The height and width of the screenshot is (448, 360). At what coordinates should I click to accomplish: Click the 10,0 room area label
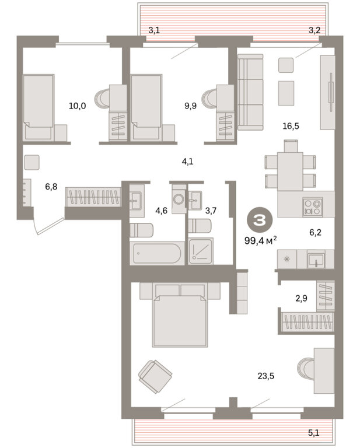click(x=77, y=106)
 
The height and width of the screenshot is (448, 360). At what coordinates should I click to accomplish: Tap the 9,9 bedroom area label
click(x=190, y=106)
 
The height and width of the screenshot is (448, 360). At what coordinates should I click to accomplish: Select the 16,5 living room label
click(x=291, y=126)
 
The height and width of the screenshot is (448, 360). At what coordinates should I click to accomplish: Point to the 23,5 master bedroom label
click(x=265, y=376)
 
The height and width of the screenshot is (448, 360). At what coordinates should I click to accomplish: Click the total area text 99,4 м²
click(x=261, y=240)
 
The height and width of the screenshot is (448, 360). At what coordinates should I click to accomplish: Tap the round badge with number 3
click(x=260, y=220)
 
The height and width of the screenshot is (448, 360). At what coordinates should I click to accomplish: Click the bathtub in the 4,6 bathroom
click(x=157, y=253)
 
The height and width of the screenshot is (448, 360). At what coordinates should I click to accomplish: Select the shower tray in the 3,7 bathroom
click(x=201, y=251)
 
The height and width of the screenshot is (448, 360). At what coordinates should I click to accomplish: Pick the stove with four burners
click(x=313, y=207)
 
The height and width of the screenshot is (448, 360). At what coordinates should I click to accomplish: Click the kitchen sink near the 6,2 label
click(x=316, y=260)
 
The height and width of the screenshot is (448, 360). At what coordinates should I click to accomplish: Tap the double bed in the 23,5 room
click(x=180, y=315)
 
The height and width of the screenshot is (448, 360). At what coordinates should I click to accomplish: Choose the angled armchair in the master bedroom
click(x=155, y=376)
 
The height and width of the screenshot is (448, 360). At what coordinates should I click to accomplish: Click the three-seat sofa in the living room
click(x=250, y=92)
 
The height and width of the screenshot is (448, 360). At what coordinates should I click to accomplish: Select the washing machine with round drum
click(x=180, y=198)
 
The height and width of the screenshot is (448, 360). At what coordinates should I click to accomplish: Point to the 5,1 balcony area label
click(x=313, y=433)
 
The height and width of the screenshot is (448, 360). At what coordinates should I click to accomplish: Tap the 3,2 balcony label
click(x=314, y=30)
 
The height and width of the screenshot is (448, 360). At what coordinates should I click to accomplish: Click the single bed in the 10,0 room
click(x=39, y=107)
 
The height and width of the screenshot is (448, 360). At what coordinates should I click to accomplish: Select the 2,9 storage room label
click(x=302, y=298)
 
